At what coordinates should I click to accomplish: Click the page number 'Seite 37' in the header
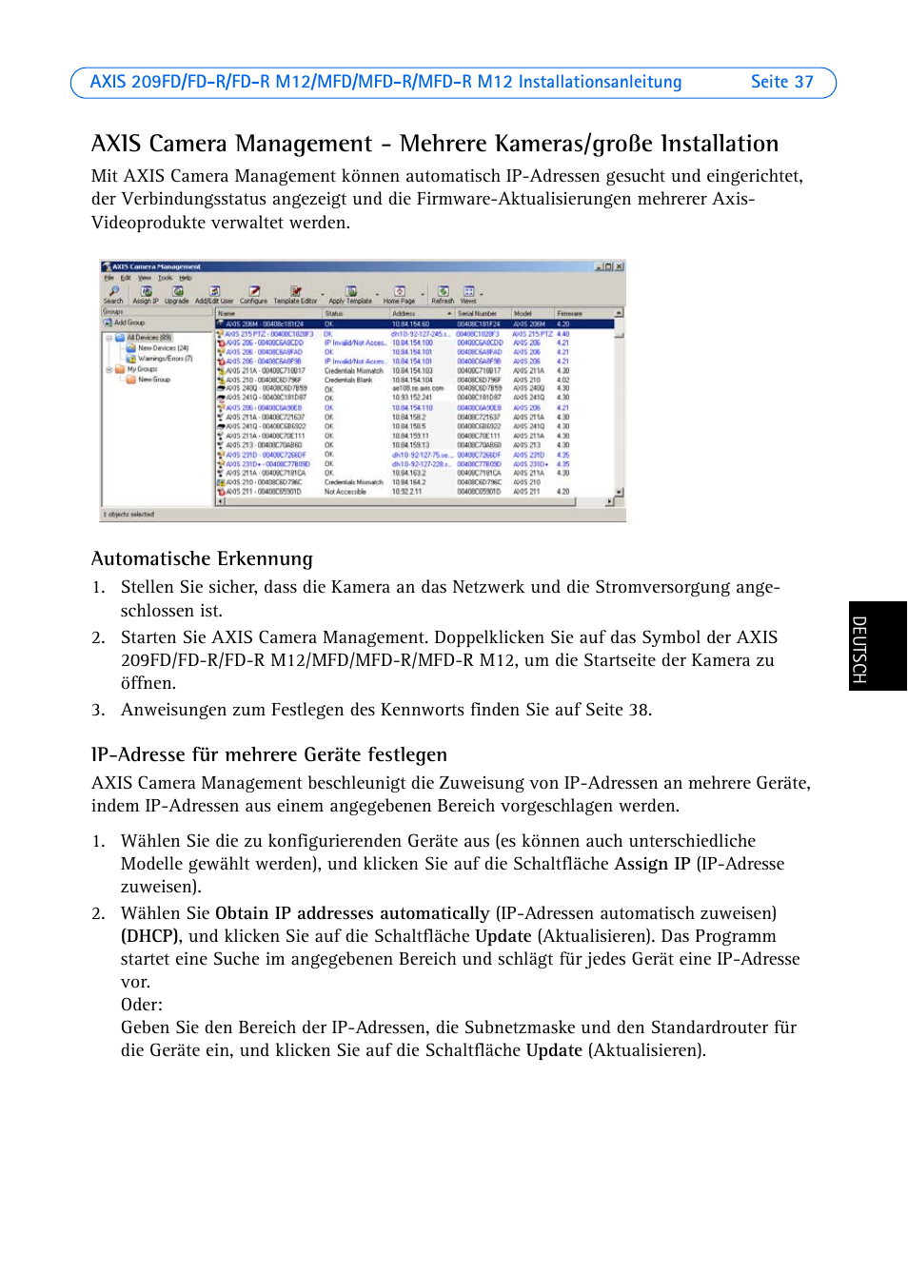(x=781, y=82)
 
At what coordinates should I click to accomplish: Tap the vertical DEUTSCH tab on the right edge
(x=859, y=648)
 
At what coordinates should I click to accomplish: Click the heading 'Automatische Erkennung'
(x=202, y=558)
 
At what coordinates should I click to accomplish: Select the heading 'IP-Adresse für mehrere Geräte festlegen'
(x=268, y=754)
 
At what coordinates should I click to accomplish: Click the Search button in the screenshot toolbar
(x=113, y=294)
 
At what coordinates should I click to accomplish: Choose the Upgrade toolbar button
(x=177, y=294)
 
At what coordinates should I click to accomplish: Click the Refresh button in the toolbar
(x=443, y=294)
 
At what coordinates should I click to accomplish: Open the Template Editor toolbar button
(x=295, y=294)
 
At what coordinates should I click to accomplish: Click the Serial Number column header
(x=477, y=313)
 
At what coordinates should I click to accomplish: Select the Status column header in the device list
(x=334, y=313)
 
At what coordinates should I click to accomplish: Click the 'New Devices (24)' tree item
(x=162, y=348)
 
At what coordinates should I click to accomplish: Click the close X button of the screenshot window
(x=619, y=267)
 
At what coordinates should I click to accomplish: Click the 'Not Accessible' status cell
(x=345, y=492)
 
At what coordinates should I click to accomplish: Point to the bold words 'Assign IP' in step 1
(x=652, y=864)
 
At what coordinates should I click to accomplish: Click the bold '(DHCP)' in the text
(x=149, y=936)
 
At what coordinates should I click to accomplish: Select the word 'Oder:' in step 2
(x=142, y=1005)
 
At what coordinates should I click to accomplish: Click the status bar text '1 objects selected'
(x=128, y=515)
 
